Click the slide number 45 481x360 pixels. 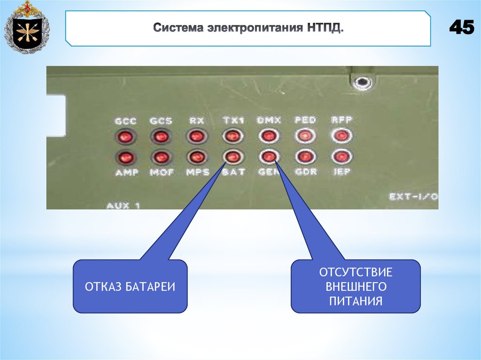[x=461, y=28]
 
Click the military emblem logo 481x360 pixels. [x=27, y=27]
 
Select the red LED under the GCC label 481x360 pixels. [x=125, y=137]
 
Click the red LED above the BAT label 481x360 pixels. [x=233, y=156]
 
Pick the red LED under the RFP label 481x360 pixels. [x=341, y=136]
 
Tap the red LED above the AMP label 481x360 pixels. [x=125, y=156]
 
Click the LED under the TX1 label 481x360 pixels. [x=233, y=137]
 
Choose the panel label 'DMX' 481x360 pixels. [x=269, y=121]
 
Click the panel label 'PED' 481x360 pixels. [x=305, y=120]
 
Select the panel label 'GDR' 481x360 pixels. [x=305, y=172]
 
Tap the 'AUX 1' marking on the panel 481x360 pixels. [x=124, y=205]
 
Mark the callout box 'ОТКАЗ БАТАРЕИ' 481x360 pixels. [x=130, y=286]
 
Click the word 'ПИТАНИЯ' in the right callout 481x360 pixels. [x=356, y=301]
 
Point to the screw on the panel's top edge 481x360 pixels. [x=362, y=83]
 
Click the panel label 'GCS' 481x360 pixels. [x=161, y=121]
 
